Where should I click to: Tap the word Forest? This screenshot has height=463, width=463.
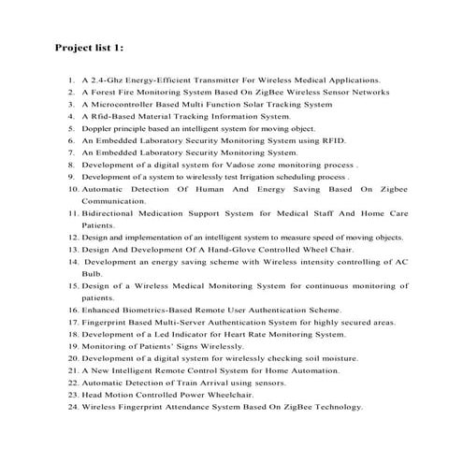tap(106, 93)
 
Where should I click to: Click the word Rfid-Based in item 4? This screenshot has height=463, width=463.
tap(115, 117)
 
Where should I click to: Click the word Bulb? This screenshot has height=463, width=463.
tap(91, 274)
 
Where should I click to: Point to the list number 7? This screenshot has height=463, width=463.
tap(71, 152)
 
